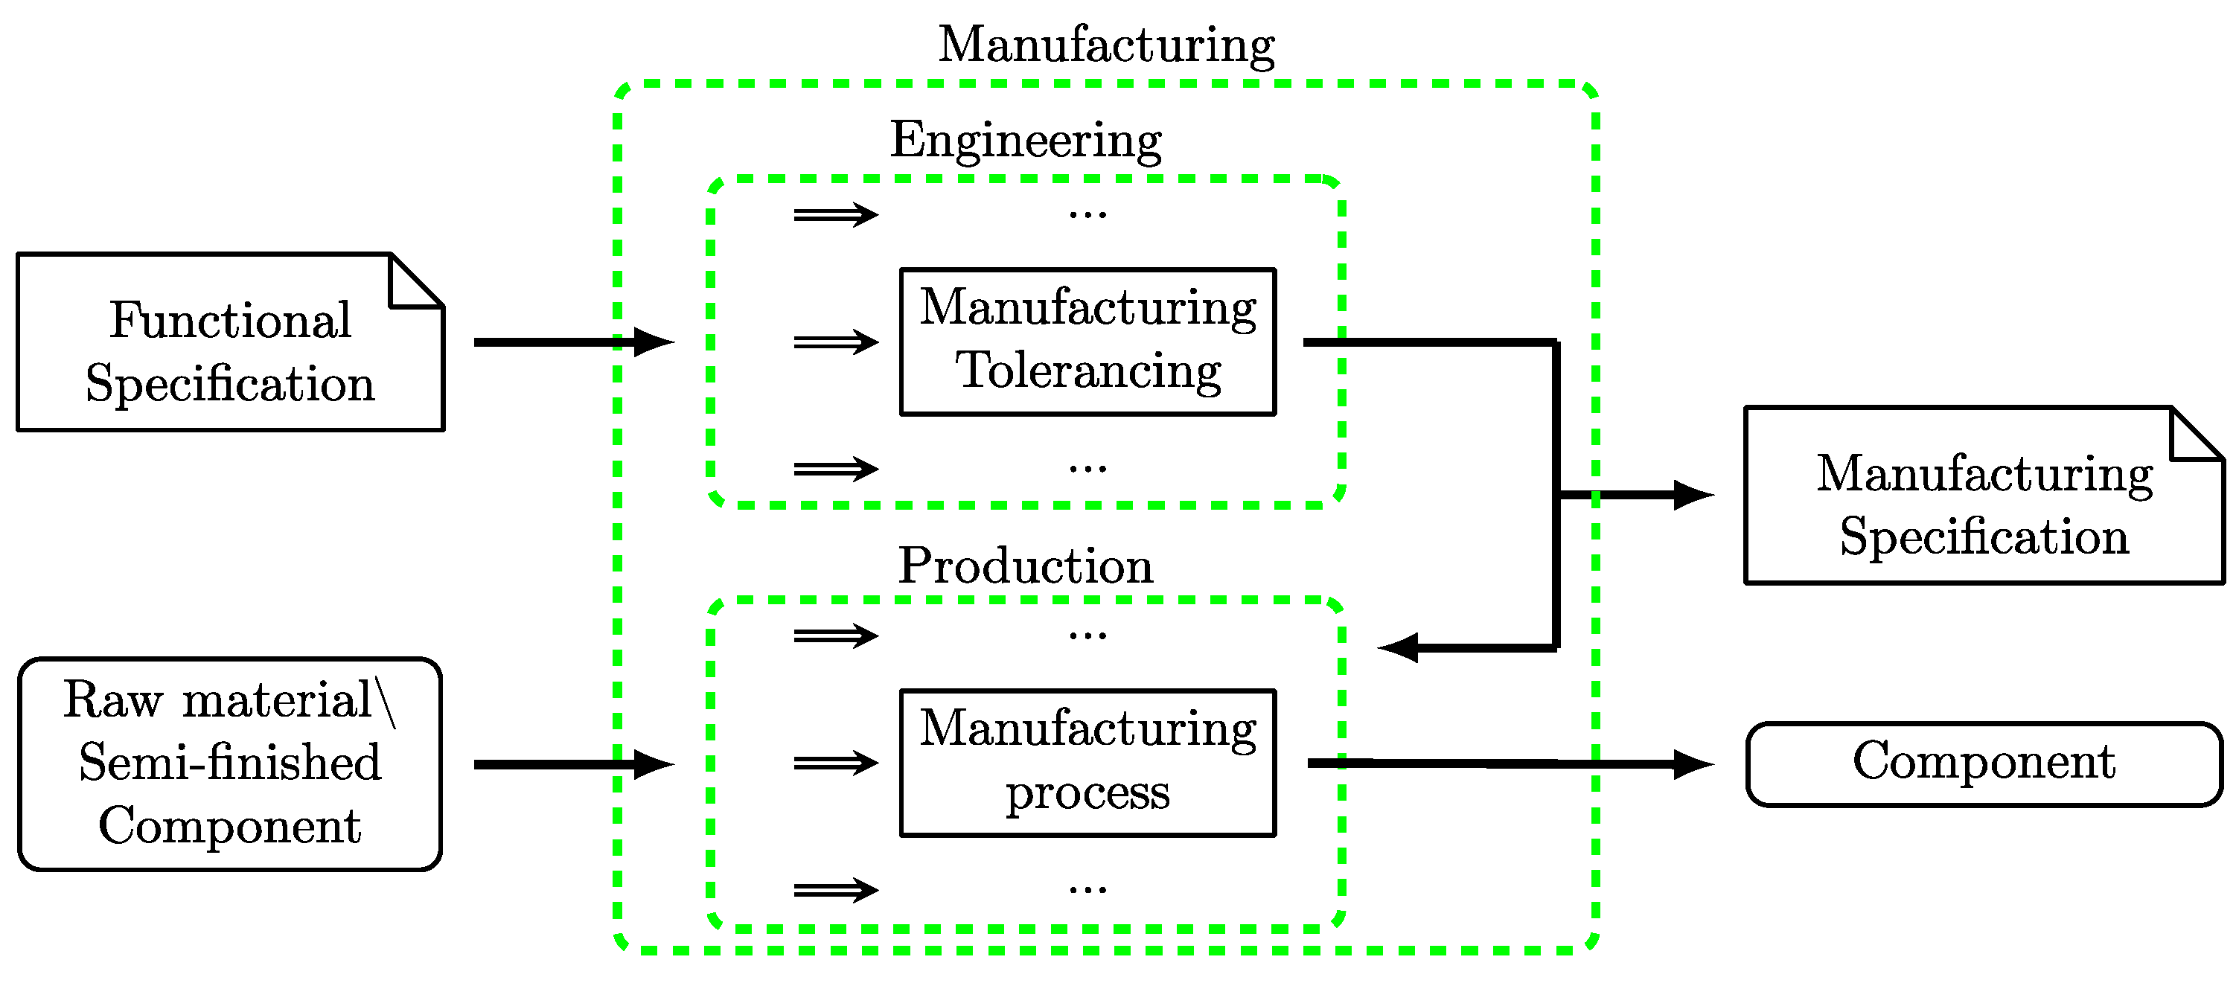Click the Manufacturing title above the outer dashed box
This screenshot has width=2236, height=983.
(x=1106, y=45)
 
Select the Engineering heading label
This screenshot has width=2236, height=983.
(x=1025, y=141)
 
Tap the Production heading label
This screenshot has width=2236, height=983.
(x=1025, y=566)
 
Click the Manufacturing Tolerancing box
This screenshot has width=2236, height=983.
(x=1087, y=341)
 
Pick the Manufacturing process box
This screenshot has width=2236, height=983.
(x=1087, y=762)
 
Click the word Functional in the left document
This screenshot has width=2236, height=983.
(x=230, y=320)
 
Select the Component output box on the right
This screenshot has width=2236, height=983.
(x=1984, y=763)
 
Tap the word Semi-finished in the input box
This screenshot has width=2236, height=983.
(x=230, y=763)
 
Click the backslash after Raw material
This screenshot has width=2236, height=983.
(x=386, y=701)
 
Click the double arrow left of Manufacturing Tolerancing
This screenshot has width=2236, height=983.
(x=836, y=342)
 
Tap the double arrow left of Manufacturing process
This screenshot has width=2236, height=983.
(x=836, y=763)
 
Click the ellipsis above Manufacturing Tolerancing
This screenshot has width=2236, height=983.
(x=1087, y=214)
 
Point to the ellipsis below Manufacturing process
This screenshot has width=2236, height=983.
(x=1087, y=889)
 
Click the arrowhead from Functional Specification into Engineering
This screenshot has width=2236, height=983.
(x=653, y=342)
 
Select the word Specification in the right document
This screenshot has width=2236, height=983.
(x=1984, y=537)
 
